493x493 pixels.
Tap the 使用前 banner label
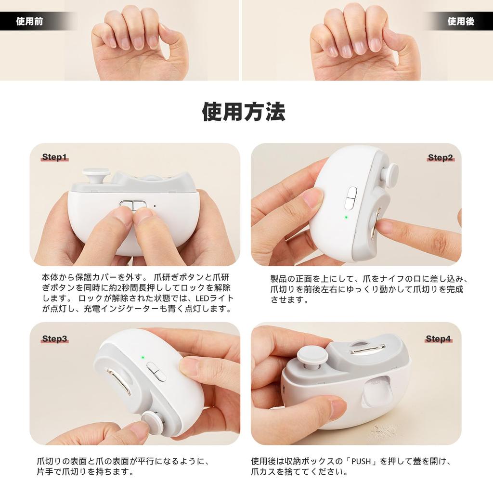[x=29, y=22]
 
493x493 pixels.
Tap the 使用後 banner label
[x=461, y=22]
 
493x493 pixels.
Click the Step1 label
[x=54, y=157]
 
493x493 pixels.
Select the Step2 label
[x=440, y=158]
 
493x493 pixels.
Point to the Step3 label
[x=54, y=339]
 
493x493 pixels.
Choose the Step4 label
[x=438, y=339]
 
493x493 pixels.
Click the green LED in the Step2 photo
[x=346, y=217]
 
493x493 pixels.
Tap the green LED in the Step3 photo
[x=143, y=358]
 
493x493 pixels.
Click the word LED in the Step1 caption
[x=202, y=299]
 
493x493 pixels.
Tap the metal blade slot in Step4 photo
[x=366, y=349]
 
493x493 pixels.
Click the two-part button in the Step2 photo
[x=351, y=198]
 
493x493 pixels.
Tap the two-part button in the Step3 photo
[x=156, y=371]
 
